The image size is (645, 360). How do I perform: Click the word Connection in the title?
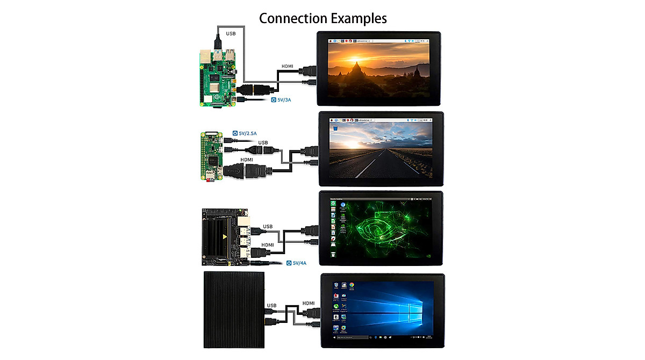point(291,18)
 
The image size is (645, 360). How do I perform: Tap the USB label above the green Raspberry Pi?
point(231,33)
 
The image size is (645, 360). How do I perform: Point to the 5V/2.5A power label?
point(248,133)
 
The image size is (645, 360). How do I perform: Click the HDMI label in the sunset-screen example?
point(288,67)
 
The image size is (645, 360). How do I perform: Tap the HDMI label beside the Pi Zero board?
point(247,160)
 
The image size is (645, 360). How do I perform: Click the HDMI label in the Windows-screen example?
point(310,303)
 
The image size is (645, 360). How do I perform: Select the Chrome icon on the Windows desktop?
point(352,285)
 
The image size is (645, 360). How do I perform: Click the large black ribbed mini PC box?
point(235,310)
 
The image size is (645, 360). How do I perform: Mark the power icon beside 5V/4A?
point(289,263)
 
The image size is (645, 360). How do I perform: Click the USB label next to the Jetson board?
point(268,226)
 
